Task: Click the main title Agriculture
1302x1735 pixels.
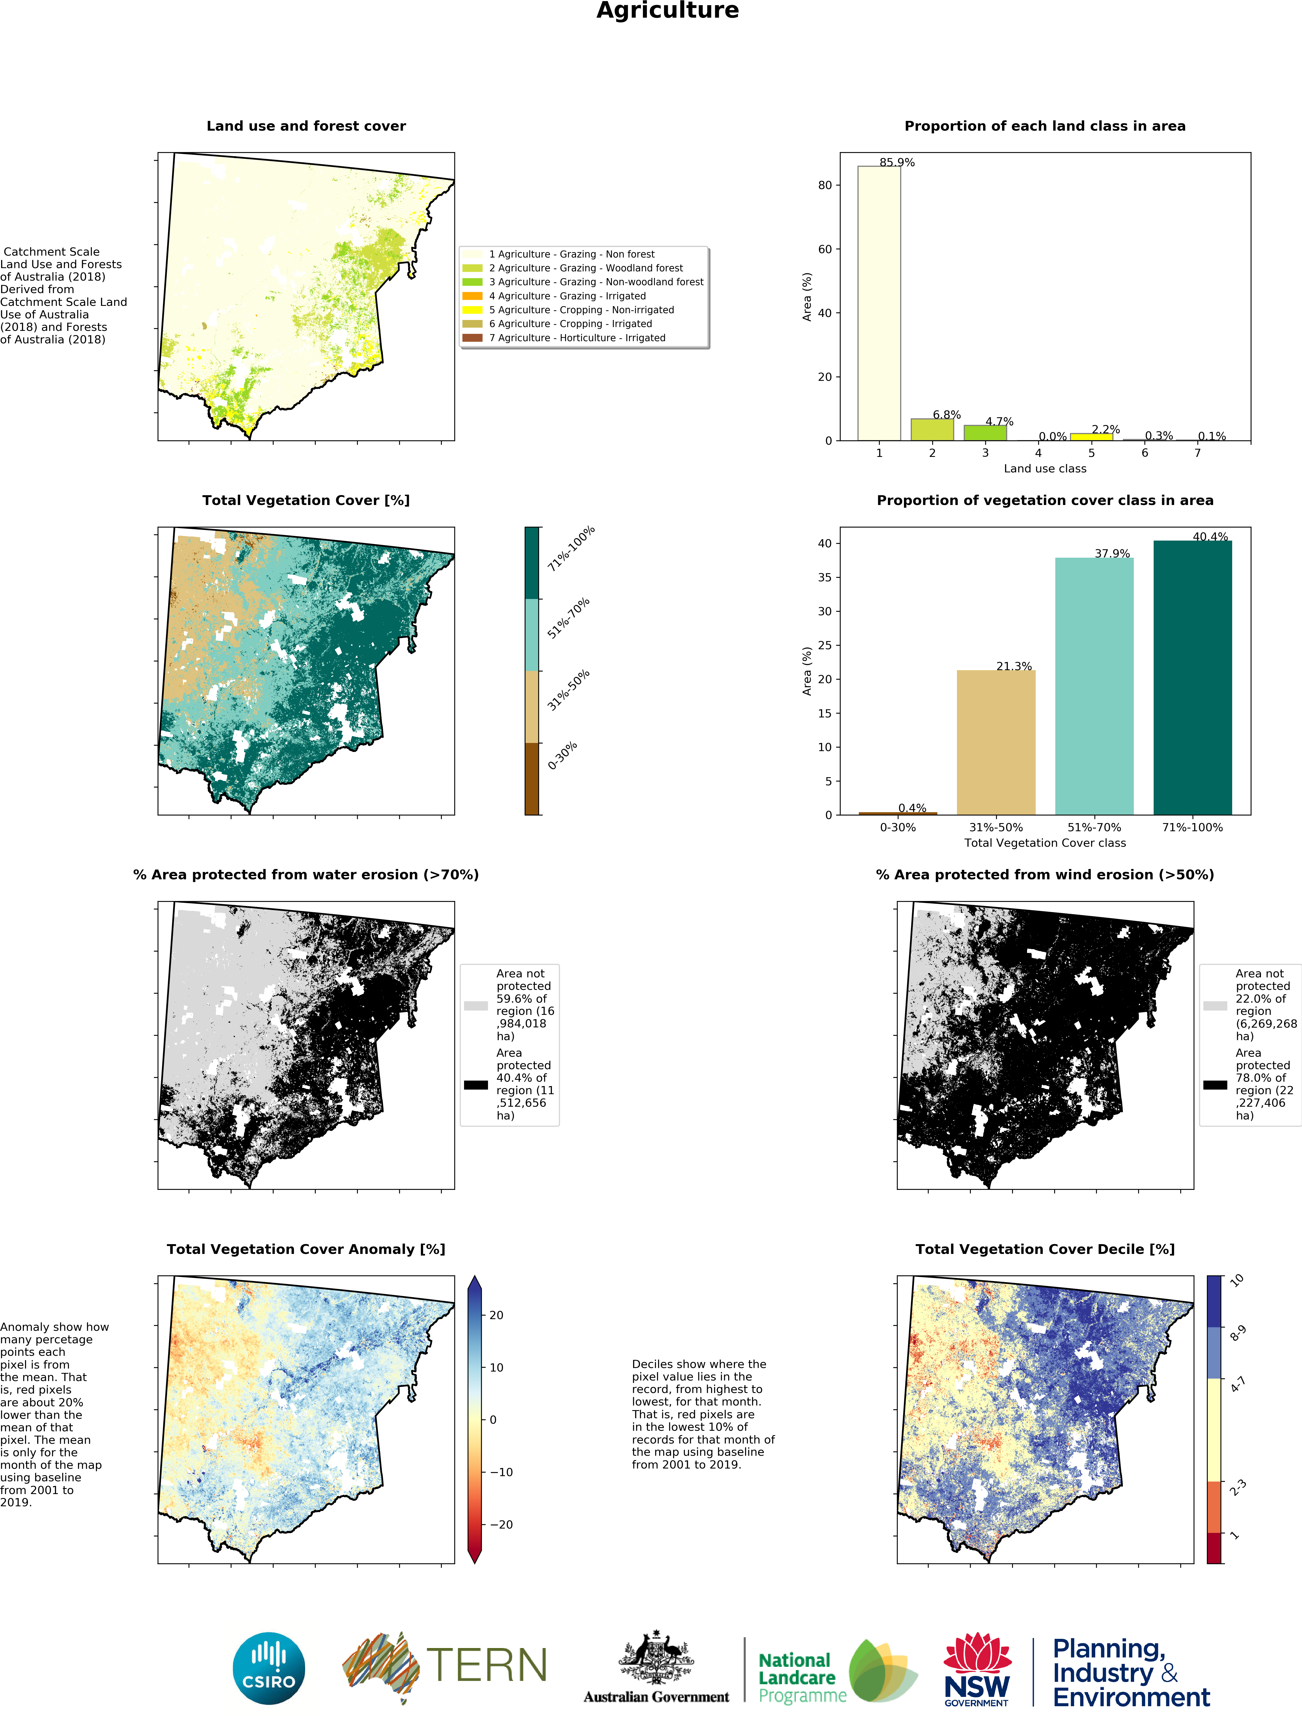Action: [668, 11]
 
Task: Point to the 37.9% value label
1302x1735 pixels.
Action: [1112, 554]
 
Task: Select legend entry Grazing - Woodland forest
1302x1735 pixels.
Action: [584, 268]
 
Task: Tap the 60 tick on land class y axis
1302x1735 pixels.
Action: [824, 249]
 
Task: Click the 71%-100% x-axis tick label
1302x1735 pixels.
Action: [1192, 827]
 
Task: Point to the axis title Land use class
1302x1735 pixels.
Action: [1045, 469]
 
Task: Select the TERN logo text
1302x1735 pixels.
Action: [486, 1664]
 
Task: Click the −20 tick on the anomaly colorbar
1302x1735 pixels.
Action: [500, 1524]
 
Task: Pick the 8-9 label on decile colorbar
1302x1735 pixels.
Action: [1238, 1334]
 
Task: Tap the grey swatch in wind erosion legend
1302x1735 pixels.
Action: [1215, 1006]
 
